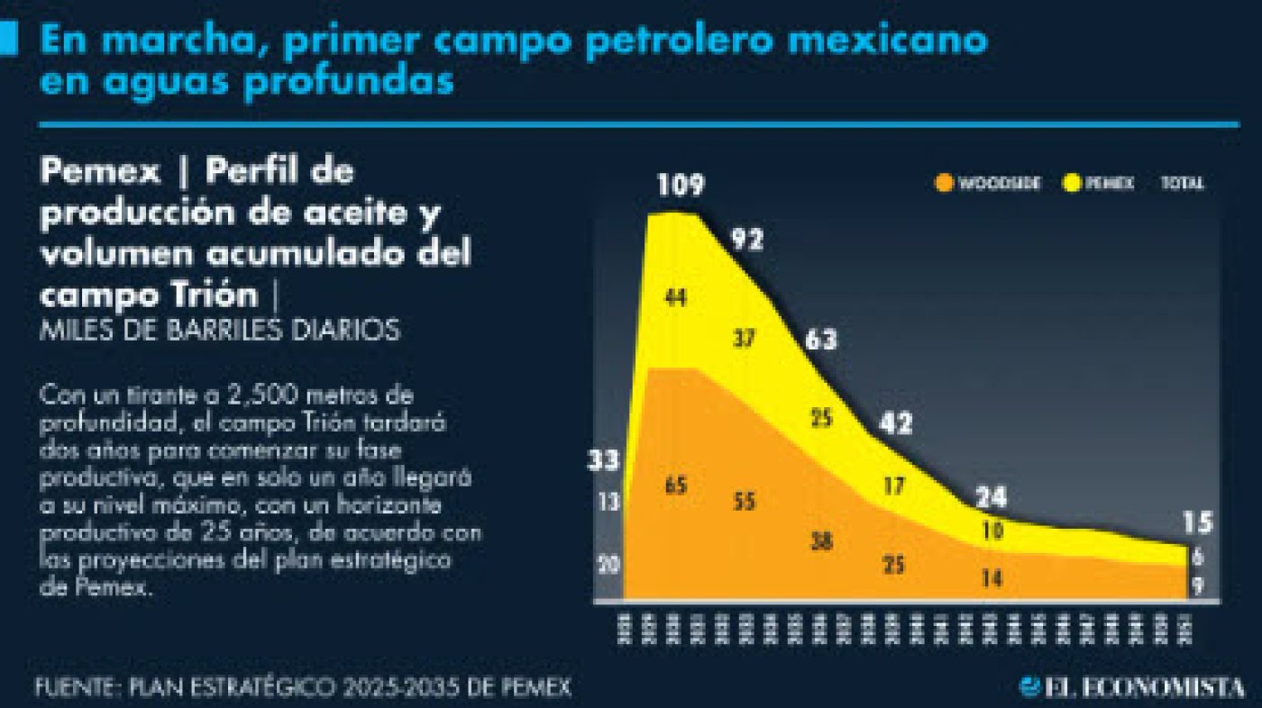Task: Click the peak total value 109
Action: tap(680, 186)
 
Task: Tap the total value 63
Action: tap(821, 340)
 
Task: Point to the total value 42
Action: tap(896, 422)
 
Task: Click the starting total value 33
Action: tap(605, 461)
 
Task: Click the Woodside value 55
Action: tap(745, 502)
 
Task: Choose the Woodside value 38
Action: tap(821, 541)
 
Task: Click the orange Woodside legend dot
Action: tap(944, 183)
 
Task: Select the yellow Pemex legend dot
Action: tap(1071, 183)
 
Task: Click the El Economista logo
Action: tap(1134, 687)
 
